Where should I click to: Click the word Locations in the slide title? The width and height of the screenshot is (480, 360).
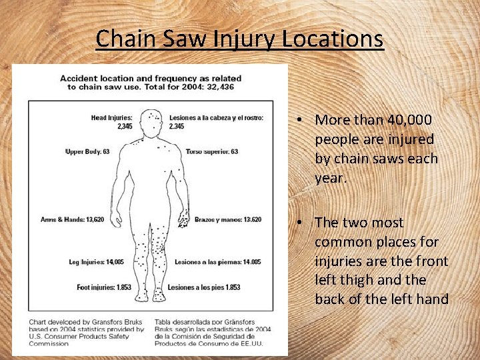point(333,39)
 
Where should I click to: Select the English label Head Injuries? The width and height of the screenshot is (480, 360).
point(112,118)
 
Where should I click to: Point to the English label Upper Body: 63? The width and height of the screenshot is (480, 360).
point(87,152)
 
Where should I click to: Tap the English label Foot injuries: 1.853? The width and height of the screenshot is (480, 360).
point(103,287)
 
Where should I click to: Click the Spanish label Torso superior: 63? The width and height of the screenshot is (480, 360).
point(212,152)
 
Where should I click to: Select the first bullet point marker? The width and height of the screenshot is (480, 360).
point(301,120)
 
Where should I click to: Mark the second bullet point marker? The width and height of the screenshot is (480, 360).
point(301,223)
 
